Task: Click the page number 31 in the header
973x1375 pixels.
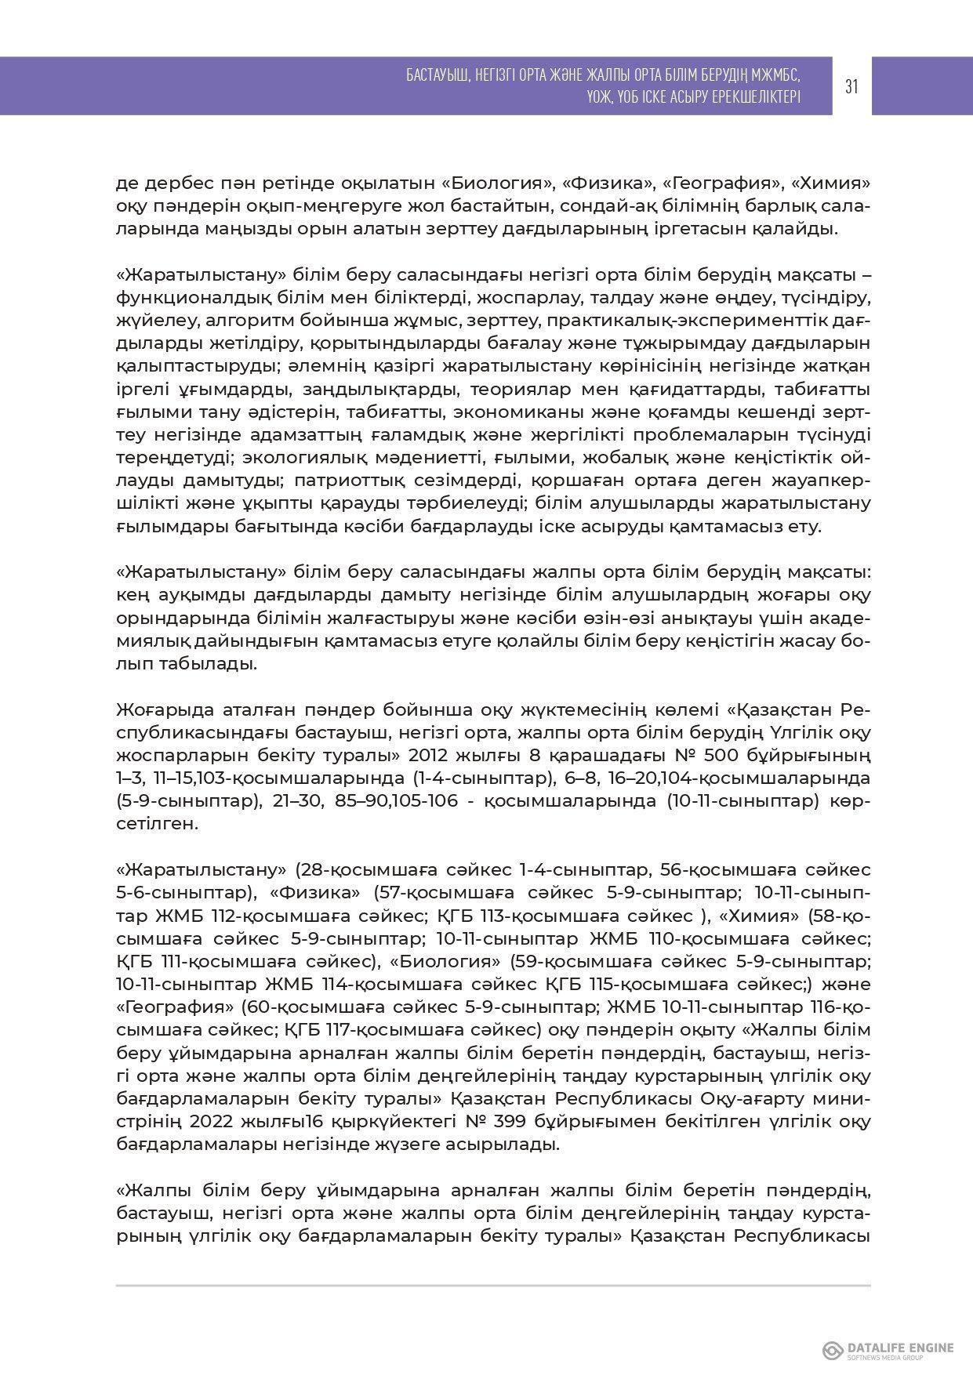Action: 851,86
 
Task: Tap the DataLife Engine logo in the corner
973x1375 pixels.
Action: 888,1349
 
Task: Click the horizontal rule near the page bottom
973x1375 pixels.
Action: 493,1286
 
